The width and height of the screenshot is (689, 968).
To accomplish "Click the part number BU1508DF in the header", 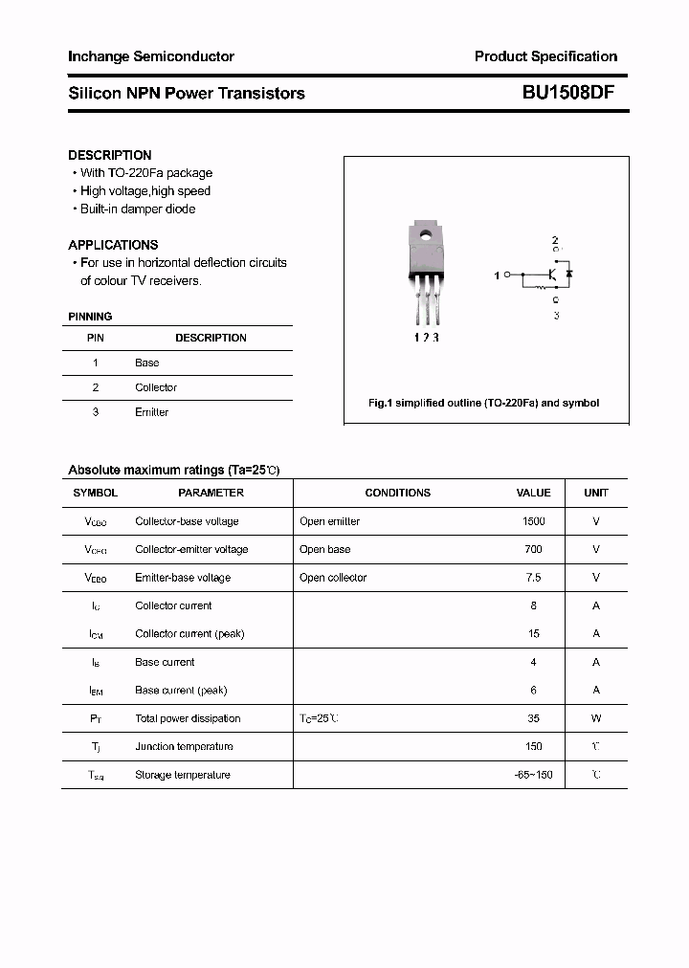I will [x=568, y=93].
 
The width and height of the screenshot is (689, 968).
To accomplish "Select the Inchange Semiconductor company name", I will [x=151, y=56].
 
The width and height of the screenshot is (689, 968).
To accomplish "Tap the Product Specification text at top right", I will [x=545, y=56].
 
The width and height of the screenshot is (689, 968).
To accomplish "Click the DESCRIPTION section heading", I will [x=110, y=155].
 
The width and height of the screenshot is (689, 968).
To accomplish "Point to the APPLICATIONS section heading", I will [x=113, y=245].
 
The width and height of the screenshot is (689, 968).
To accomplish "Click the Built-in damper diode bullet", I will [x=137, y=209].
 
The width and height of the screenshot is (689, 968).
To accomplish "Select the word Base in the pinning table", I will [x=147, y=363].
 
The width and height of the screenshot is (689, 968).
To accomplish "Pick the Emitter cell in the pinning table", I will [x=151, y=412].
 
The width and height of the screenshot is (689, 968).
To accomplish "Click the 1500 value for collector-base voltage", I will [x=533, y=521].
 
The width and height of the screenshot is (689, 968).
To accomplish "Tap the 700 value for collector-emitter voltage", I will [x=533, y=549].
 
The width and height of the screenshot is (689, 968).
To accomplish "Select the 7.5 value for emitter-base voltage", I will [x=533, y=578].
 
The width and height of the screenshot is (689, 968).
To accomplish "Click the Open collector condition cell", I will [x=333, y=578].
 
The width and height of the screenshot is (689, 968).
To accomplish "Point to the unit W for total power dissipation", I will [x=596, y=718].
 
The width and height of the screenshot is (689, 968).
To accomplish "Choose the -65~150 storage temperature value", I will [x=533, y=775].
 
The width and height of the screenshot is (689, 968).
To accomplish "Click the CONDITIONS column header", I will [x=397, y=493].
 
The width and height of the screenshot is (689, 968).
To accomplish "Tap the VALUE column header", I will [x=533, y=493].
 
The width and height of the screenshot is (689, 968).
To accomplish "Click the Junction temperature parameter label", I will [x=184, y=746].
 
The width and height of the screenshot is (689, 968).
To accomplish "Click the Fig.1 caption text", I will [x=483, y=403].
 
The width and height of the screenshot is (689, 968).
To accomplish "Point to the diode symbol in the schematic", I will [x=568, y=275].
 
